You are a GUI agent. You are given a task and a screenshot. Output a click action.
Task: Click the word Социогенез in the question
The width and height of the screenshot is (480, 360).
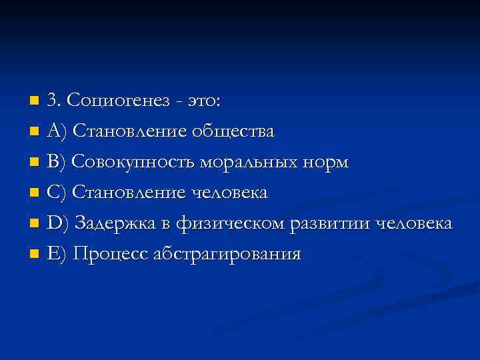[116, 101]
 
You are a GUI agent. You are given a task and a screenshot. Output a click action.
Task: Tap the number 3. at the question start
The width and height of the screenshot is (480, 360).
[55, 101]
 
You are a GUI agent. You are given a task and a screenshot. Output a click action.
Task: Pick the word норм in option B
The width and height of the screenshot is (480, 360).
[327, 162]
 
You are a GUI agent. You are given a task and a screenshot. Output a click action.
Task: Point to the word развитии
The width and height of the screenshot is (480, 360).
[332, 223]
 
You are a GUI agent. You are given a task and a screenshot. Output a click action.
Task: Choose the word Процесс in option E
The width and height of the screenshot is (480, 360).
[111, 254]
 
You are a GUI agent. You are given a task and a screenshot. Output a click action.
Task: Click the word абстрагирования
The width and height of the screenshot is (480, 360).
[227, 254]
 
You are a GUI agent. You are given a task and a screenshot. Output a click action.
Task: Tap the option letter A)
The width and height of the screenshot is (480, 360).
[57, 131]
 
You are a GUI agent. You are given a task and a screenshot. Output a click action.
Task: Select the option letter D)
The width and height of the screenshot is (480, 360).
[58, 223]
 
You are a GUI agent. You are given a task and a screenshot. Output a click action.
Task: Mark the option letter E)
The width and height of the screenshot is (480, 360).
[57, 254]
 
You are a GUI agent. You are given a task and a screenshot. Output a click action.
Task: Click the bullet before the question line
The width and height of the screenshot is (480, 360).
[35, 102]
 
